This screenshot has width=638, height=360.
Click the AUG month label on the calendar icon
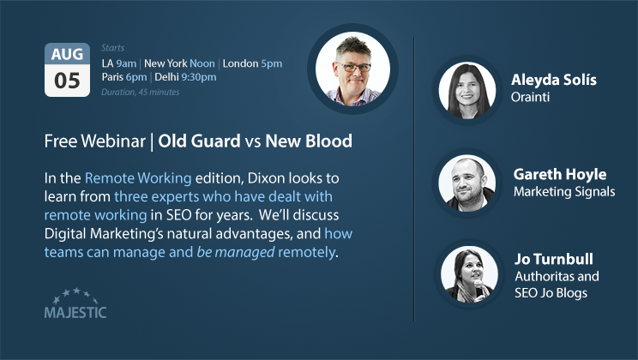(67, 54)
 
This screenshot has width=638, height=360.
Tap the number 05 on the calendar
(67, 81)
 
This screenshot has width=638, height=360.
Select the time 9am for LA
(126, 63)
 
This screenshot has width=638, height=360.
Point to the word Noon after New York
(202, 63)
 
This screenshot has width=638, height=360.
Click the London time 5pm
(271, 63)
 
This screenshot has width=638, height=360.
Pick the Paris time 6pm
(136, 77)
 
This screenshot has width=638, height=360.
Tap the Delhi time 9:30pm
(199, 77)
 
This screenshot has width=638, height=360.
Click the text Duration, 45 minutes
(141, 93)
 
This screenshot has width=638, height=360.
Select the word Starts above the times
(112, 48)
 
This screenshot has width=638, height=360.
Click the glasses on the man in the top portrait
(354, 67)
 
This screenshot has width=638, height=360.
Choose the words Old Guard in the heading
(199, 141)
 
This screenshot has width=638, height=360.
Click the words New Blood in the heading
(309, 141)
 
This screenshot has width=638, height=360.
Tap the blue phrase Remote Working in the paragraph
(138, 178)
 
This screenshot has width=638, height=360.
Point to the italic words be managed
(236, 252)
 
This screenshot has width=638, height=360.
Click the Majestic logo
(75, 303)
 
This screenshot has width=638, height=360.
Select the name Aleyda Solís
(554, 80)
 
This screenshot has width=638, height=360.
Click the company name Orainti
(530, 97)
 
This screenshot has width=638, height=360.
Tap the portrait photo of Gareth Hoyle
(467, 183)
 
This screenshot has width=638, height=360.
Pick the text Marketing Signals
(564, 191)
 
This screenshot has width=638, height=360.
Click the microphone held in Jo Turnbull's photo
(478, 287)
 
